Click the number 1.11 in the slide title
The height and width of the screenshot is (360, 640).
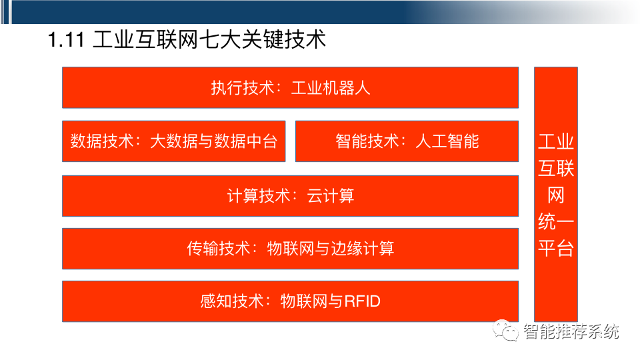point(65,40)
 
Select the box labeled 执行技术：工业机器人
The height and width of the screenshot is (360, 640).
point(290,87)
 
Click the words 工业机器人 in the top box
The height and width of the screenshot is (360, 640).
point(330,87)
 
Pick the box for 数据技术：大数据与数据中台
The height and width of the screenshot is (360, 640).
point(173,141)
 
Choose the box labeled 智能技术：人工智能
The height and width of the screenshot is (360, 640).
point(407,141)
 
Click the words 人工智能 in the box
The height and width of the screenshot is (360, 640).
point(447,141)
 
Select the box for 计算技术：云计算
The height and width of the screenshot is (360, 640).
point(290,195)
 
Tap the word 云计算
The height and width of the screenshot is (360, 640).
point(331,195)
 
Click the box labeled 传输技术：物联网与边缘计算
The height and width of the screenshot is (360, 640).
point(290,249)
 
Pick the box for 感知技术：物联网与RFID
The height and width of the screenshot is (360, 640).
point(290,301)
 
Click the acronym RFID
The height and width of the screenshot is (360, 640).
point(362,301)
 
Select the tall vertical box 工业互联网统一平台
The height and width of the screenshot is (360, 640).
point(555,193)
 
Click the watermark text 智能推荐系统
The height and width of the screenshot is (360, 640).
point(571,331)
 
